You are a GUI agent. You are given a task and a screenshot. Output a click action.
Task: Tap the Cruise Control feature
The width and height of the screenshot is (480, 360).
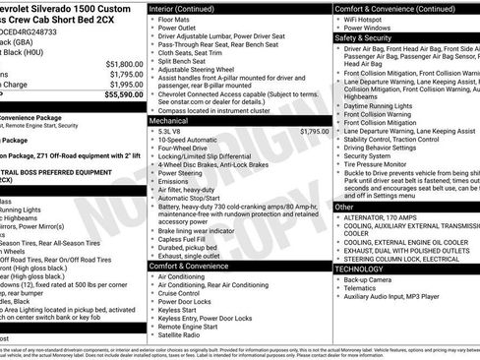click(x=184, y=294)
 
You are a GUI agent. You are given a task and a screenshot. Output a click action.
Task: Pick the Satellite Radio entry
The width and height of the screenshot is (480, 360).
click(x=184, y=332)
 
